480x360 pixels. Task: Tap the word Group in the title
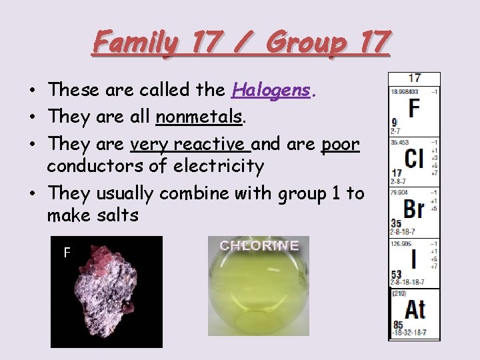point(305,43)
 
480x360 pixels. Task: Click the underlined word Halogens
point(272,89)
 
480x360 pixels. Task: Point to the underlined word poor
point(340,145)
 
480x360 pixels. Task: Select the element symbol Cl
point(414,159)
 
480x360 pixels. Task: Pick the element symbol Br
point(414,209)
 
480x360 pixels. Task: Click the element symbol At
point(415,309)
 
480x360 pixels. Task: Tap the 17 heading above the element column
point(415,78)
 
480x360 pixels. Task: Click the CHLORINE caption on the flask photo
point(259,245)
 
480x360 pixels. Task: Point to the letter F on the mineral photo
point(67,253)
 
